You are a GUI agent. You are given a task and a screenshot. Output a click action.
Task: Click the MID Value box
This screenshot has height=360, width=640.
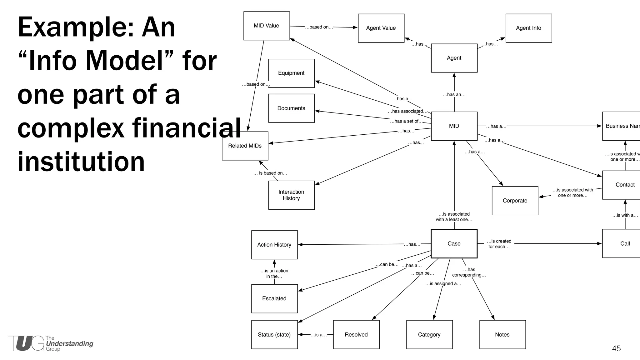[267, 26]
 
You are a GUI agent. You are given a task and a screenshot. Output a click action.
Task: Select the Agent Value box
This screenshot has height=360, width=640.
[381, 28]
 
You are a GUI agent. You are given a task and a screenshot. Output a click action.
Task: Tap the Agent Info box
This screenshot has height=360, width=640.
[528, 28]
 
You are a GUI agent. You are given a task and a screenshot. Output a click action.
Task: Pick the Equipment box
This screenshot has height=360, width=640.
[291, 73]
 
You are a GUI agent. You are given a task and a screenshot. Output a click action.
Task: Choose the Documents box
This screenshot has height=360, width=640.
[291, 108]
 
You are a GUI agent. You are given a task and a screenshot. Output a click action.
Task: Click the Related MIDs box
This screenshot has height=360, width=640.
[245, 146]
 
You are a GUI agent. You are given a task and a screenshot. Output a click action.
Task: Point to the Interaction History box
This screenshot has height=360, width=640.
[291, 195]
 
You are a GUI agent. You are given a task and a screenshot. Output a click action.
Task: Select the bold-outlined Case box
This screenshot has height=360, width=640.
[454, 244]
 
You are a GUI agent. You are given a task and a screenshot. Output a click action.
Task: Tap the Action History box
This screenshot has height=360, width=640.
[274, 245]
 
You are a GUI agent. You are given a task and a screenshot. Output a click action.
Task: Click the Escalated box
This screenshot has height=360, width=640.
[274, 298]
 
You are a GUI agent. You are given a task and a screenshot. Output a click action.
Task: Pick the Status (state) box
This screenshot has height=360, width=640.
[274, 334]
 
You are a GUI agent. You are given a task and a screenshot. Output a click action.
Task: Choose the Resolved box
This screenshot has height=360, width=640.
[356, 334]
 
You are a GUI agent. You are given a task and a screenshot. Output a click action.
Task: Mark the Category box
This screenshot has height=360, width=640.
[429, 334]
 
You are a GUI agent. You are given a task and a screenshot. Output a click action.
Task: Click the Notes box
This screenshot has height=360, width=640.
[502, 334]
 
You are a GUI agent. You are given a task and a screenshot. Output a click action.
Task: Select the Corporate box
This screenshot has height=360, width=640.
[515, 201]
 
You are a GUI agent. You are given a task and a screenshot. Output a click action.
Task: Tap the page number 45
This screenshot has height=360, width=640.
[616, 348]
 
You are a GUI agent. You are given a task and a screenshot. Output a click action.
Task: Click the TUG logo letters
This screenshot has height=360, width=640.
[26, 343]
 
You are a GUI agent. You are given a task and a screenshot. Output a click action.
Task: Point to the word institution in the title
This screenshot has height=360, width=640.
[81, 162]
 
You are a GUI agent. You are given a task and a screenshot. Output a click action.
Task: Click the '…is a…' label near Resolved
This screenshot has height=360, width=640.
[318, 335]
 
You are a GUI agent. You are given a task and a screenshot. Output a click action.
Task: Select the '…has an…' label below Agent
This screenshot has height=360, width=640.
[454, 95]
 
